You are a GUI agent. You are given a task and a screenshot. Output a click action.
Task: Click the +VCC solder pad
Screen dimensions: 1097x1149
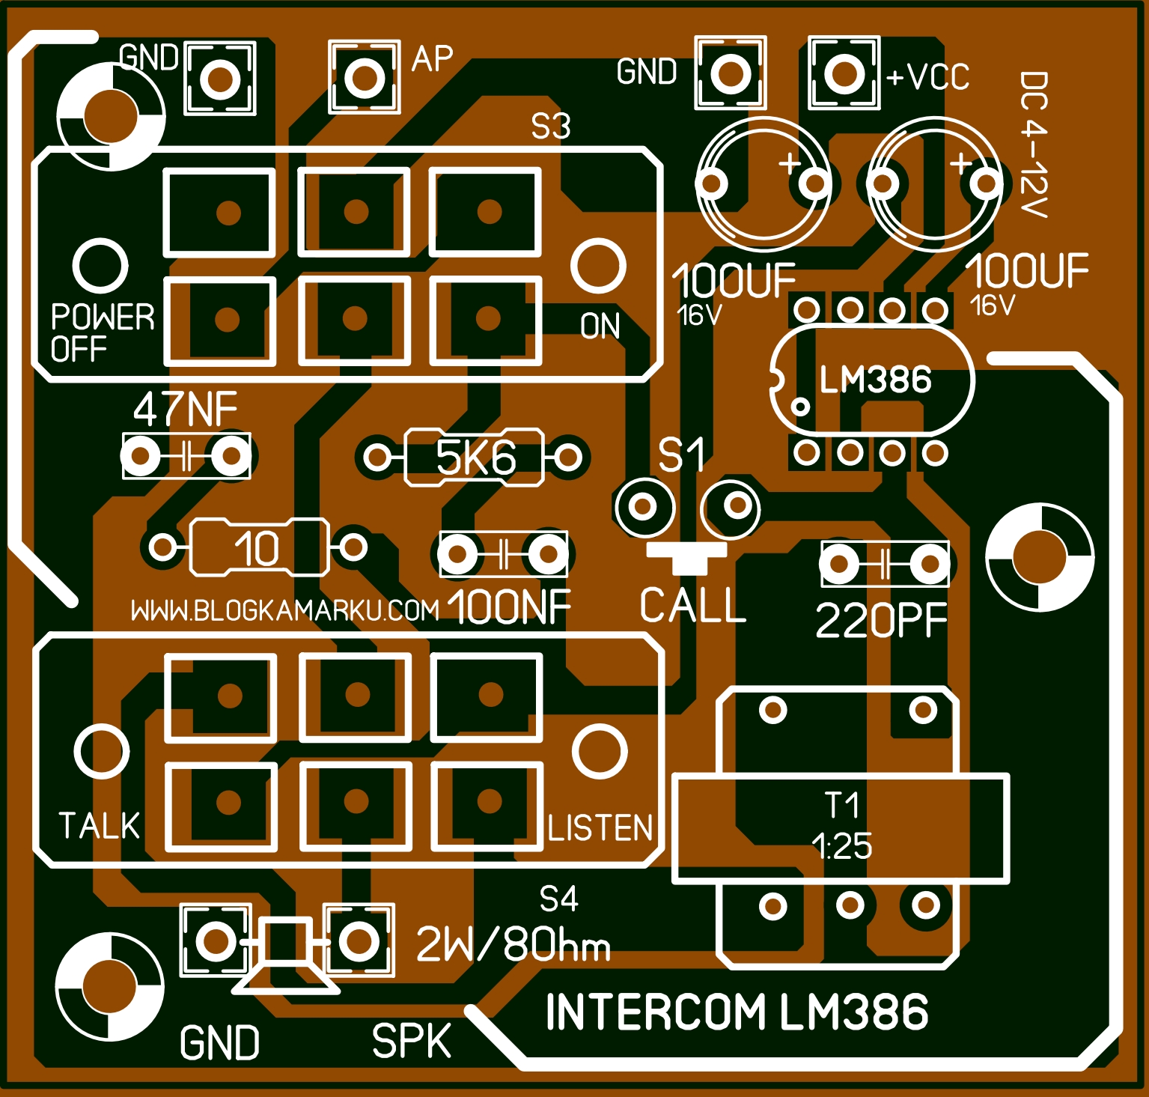click(x=844, y=73)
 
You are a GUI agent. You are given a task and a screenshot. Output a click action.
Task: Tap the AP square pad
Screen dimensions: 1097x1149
click(x=364, y=77)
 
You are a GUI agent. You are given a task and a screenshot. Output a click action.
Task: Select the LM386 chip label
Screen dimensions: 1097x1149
click(x=875, y=380)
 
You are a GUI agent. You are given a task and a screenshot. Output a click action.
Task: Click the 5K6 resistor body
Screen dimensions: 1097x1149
click(x=474, y=458)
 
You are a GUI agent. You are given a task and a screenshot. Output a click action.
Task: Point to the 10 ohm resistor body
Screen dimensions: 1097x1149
click(x=258, y=548)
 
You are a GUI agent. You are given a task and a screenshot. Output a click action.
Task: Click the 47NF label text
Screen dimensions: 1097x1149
click(x=185, y=410)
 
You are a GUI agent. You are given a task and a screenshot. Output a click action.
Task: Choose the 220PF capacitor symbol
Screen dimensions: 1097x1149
click(x=884, y=564)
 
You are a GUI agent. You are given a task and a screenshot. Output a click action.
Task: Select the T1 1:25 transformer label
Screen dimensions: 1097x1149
click(x=841, y=827)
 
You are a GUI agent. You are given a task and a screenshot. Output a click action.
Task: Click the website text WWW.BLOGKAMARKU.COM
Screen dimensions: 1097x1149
click(x=284, y=611)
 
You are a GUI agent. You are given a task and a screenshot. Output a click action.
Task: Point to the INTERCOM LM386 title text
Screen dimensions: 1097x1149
click(x=737, y=1012)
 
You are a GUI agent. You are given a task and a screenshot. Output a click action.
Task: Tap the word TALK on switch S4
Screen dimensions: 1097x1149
click(x=99, y=826)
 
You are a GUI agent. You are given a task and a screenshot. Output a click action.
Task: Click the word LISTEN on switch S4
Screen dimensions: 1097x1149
click(x=600, y=828)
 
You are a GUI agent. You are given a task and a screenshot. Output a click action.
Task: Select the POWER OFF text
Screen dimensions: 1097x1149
click(x=102, y=333)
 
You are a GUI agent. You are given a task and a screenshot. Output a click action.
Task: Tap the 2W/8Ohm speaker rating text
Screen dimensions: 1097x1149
click(x=513, y=944)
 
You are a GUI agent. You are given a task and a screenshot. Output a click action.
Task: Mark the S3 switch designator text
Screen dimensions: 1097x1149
click(x=551, y=127)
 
